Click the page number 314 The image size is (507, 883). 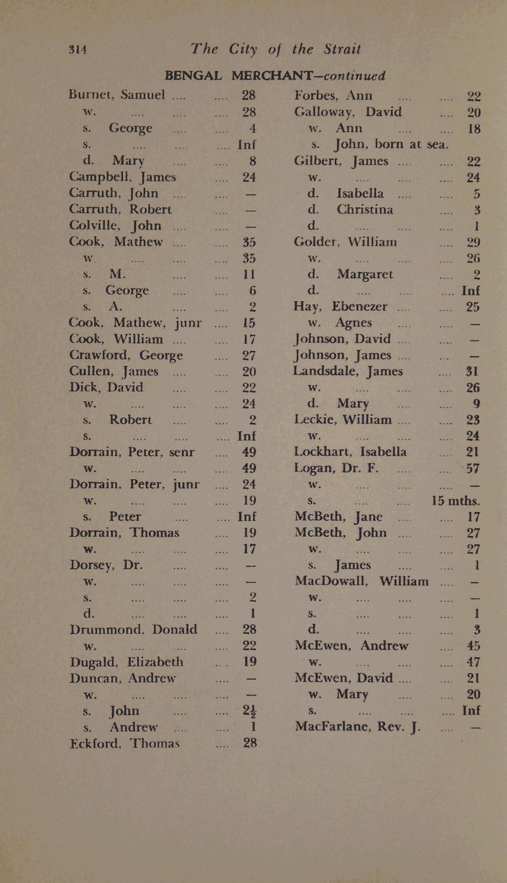tap(77, 49)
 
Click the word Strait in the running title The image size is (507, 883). tap(342, 49)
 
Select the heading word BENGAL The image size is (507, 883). tap(193, 75)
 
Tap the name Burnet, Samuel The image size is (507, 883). tap(117, 95)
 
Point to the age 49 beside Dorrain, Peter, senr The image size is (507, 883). tap(249, 452)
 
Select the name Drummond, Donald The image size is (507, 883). tap(133, 629)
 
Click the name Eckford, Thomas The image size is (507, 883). tap(125, 743)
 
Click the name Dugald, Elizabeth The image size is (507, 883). tap(127, 661)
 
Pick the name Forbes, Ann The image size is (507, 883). tap(333, 96)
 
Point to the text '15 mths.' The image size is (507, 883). tap(455, 501)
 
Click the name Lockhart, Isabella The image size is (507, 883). tap(350, 452)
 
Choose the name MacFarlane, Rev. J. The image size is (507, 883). tap(357, 726)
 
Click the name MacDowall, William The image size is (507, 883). tap(362, 581)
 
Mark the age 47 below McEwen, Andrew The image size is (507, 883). tap(473, 661)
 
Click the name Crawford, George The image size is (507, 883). tap(126, 355)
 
